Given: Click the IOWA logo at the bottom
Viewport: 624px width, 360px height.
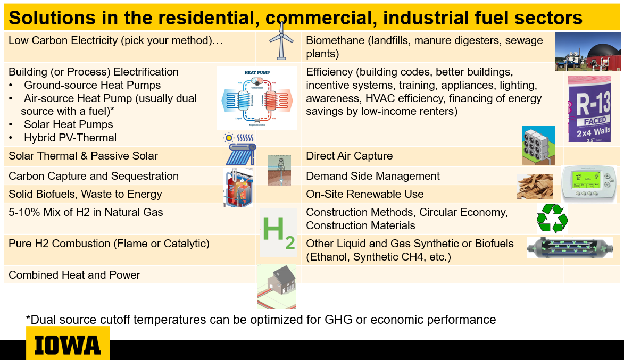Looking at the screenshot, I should point(68,345).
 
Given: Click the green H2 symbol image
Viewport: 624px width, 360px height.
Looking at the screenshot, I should point(278,233).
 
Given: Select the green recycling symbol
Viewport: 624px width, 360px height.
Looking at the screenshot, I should point(552,219).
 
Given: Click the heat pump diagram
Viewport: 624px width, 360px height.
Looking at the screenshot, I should point(257,98).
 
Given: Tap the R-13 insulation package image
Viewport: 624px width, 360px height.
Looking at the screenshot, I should point(588,109).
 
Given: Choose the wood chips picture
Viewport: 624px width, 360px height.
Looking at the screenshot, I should point(535,186).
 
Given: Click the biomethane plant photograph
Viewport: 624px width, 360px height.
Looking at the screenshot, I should point(588,52).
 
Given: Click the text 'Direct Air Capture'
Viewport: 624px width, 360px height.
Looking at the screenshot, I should point(349,156).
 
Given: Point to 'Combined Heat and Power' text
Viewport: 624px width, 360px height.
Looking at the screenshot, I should point(74,275).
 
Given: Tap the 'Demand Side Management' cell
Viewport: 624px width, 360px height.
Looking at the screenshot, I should point(372,176).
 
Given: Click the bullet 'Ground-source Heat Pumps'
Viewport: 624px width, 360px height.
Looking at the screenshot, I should point(92,85).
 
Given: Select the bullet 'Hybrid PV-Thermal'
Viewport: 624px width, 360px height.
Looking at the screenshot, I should point(70,138).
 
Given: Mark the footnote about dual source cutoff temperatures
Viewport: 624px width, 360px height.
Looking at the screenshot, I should point(261,320).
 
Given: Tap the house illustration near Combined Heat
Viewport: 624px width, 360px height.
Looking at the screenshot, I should point(277,286).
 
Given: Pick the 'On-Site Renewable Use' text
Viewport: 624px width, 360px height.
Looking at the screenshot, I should point(364,194).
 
